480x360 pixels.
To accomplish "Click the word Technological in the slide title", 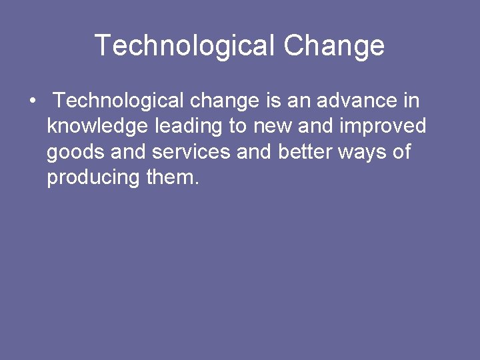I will coord(185,46).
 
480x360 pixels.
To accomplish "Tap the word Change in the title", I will coord(334,46).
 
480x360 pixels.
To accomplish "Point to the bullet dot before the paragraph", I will coord(32,101).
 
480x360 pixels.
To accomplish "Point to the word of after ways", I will coord(401,153).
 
